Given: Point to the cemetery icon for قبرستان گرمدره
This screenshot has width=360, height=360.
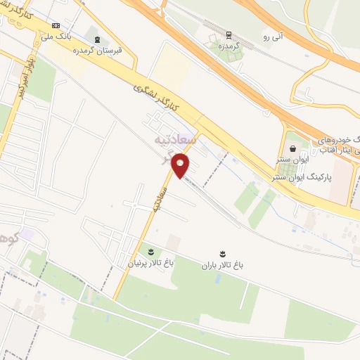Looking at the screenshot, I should [96, 39].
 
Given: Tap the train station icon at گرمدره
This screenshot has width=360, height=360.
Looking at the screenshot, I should [229, 33].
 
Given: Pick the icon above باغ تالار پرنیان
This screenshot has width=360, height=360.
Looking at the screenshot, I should [149, 251].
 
